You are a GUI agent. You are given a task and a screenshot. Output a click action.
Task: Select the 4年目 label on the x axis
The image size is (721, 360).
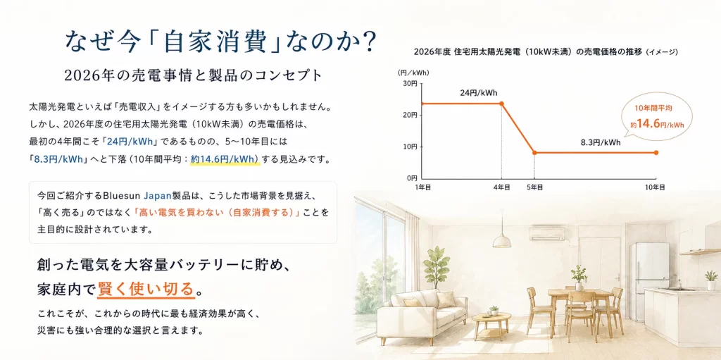coord(501,187)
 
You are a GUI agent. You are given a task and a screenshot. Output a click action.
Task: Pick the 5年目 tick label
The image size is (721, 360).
coord(534,187)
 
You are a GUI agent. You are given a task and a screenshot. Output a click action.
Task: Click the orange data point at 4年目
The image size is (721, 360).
coord(501,104)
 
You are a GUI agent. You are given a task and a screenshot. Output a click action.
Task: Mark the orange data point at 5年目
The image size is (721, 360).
coord(534,152)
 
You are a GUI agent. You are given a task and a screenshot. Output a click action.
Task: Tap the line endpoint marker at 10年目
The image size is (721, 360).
coord(656,152)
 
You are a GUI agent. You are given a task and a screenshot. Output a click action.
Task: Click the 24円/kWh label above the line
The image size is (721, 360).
coord(479,92)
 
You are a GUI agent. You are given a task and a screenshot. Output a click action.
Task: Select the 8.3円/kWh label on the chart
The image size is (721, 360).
coord(601,142)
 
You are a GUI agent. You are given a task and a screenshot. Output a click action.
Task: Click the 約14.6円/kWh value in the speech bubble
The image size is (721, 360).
coord(657,124)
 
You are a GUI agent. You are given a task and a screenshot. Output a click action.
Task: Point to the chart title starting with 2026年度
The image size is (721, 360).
coord(546,51)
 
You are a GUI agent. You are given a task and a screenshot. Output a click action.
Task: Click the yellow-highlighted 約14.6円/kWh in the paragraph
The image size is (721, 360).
coord(225,159)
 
